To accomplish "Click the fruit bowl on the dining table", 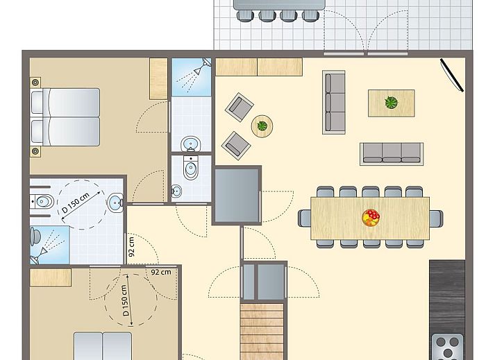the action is (371, 218).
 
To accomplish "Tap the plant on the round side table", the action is (262, 126).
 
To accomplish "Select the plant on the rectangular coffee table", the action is (391, 103).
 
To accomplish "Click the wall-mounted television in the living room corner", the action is (452, 75).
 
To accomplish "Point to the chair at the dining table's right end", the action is (436, 218).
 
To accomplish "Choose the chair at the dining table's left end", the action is (305, 218).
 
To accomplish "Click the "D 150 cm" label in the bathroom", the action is (76, 203).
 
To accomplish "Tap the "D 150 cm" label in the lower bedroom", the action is (125, 300).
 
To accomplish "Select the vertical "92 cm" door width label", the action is (132, 246).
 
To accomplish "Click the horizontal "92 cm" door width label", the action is (161, 272).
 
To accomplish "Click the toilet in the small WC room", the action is (191, 167).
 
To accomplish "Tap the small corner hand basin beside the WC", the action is (177, 191).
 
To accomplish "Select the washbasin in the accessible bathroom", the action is (115, 202).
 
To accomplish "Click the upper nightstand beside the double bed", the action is (35, 83).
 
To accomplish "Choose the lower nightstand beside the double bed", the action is (35, 151).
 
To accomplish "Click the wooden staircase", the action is (262, 332).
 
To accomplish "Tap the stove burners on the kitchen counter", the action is (447, 347).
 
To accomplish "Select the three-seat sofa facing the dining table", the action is (392, 154).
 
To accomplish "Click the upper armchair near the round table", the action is (240, 107).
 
